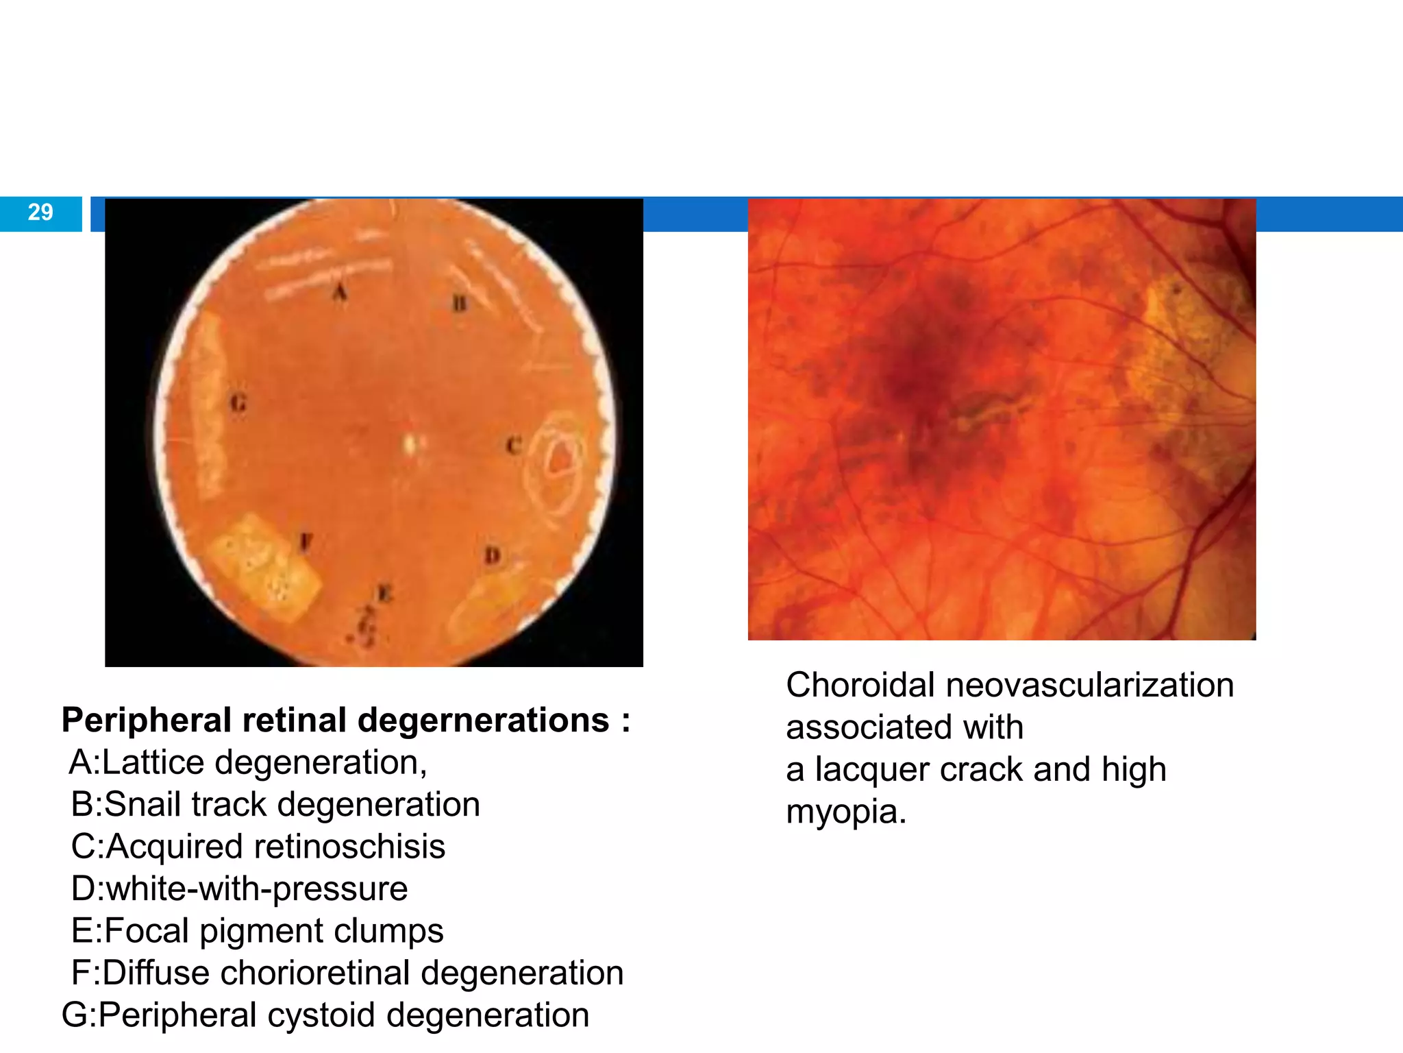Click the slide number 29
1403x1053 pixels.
tap(40, 213)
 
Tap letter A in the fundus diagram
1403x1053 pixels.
tap(340, 293)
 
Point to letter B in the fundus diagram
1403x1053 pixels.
tap(460, 303)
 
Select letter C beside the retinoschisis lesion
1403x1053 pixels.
tap(514, 446)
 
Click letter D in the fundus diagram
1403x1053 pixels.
tap(493, 555)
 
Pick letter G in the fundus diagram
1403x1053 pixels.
tap(238, 403)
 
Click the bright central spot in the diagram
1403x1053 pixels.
tap(410, 444)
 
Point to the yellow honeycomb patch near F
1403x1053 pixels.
tap(264, 567)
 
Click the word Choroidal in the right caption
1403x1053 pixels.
tap(860, 686)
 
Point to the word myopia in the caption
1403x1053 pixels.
tap(845, 812)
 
